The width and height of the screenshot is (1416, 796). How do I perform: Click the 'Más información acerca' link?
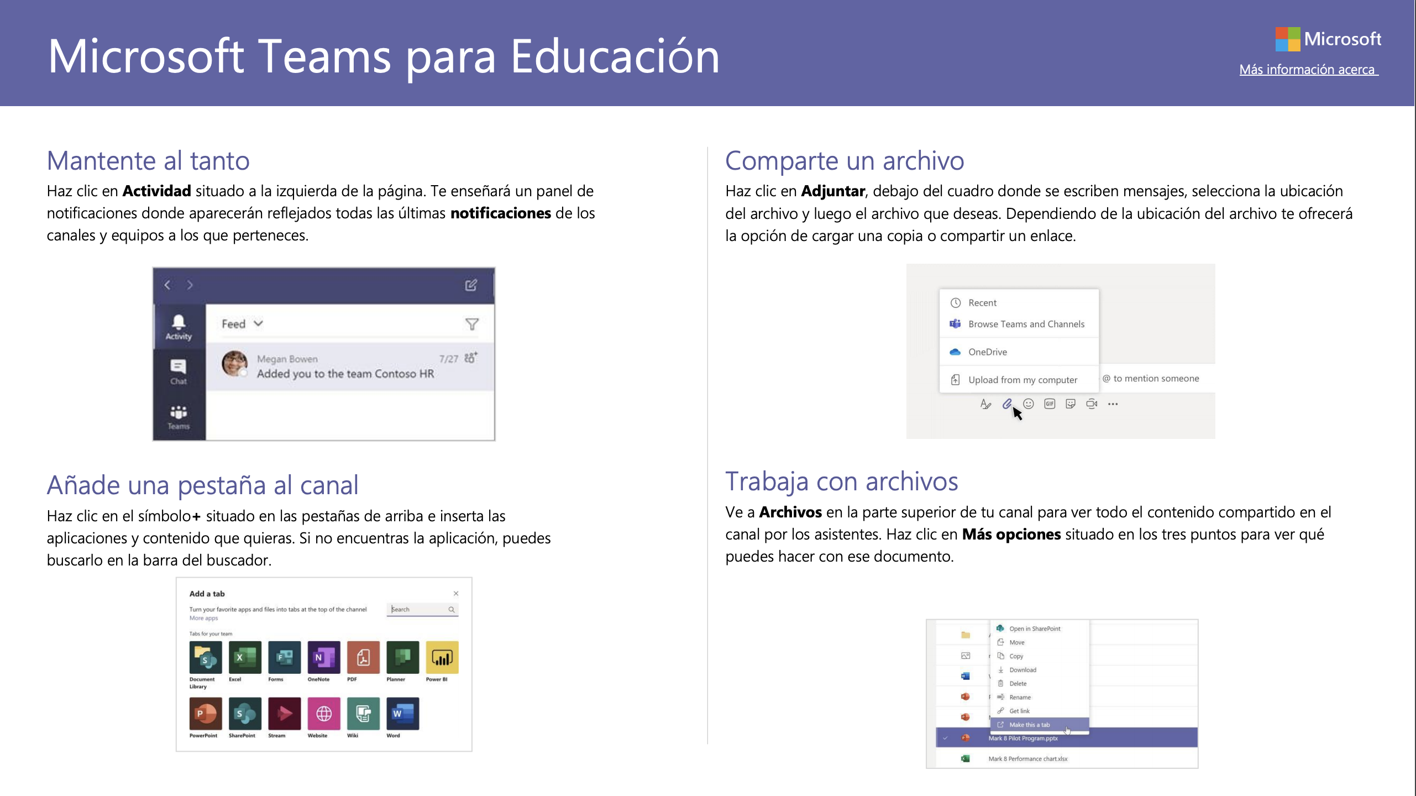coord(1308,70)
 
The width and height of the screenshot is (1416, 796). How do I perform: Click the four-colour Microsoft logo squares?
coord(1288,39)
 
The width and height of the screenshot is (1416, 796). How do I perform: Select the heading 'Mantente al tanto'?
coord(148,161)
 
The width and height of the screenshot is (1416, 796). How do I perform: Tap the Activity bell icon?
coord(179,322)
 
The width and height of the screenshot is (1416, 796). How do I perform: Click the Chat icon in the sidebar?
coord(179,366)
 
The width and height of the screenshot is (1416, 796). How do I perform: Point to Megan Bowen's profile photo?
coord(234,363)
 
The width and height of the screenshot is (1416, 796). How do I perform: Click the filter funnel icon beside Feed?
coord(471,324)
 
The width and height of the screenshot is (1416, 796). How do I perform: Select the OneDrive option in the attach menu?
coord(987,352)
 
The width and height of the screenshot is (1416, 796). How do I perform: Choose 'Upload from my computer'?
coord(1022,380)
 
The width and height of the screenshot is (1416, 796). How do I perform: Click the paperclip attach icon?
coord(1007,404)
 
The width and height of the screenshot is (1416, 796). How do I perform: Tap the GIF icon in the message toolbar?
coord(1050,404)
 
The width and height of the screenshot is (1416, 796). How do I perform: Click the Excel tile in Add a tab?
coord(245,657)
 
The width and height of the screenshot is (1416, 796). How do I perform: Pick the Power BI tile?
coord(442,657)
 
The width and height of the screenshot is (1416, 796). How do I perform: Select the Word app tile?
coord(403,714)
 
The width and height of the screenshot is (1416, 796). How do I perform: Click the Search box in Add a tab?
coord(422,609)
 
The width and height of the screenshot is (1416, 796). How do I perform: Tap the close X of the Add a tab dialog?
coord(456,594)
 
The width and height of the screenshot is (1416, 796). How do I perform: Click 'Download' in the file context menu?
coord(1022,670)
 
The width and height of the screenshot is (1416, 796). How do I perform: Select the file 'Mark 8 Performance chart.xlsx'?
coord(1028,759)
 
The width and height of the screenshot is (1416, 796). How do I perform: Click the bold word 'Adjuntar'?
coord(833,191)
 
